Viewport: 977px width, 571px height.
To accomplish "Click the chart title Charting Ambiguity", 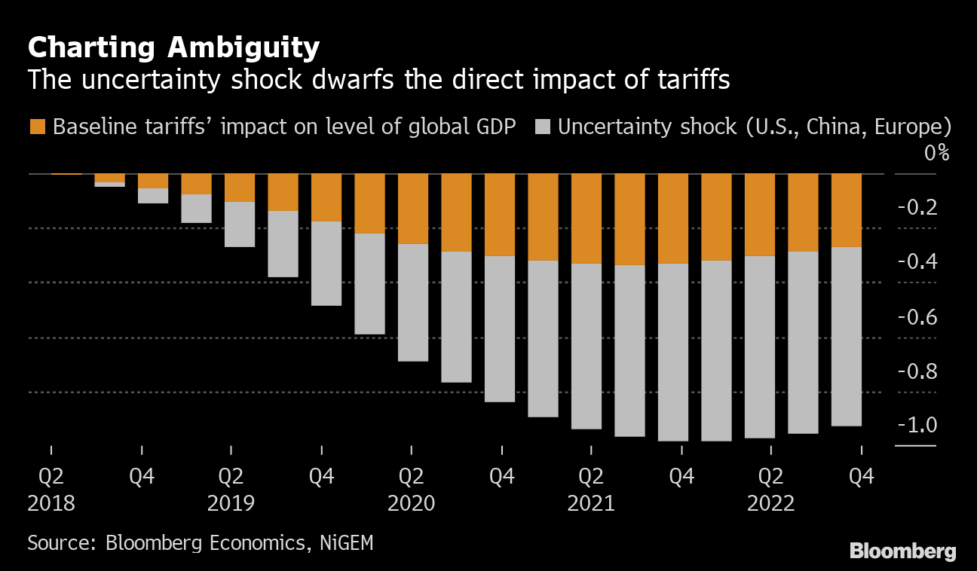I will (x=173, y=48).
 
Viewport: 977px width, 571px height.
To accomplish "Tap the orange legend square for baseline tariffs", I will (x=37, y=127).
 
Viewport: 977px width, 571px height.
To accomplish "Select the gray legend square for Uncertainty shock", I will (x=542, y=127).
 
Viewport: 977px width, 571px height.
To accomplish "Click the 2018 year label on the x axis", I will (x=51, y=502).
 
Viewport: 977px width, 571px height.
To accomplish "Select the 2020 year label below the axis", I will (x=411, y=502).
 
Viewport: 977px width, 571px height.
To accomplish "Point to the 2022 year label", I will (x=770, y=502).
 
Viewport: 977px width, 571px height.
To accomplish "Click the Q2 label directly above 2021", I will (x=591, y=476).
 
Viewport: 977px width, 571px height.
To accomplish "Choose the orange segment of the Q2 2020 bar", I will (x=413, y=209).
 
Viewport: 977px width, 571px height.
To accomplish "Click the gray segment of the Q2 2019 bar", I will (x=240, y=224).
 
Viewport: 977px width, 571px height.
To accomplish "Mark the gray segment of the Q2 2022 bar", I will (x=760, y=347).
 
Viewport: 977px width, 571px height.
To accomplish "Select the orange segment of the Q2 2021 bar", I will (x=587, y=218).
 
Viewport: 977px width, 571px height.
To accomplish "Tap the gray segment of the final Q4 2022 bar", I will (x=847, y=336).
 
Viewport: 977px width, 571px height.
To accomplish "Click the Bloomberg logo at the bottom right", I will (x=902, y=551).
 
